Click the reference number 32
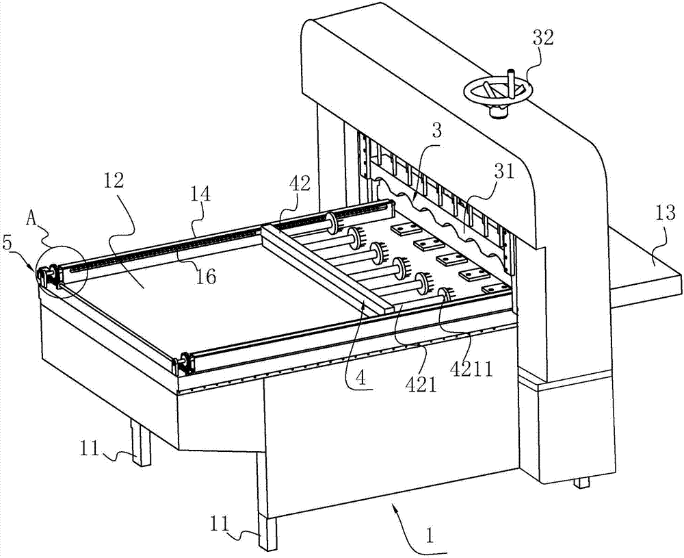(x=543, y=39)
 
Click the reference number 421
(x=421, y=385)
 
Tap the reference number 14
(x=200, y=194)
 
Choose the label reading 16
(x=206, y=276)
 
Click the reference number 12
(x=114, y=180)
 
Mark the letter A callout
(x=31, y=218)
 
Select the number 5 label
(x=8, y=243)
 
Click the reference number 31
(x=505, y=171)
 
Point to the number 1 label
(x=430, y=535)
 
